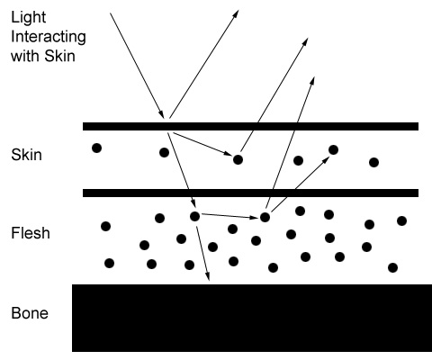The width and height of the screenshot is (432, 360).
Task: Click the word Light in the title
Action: click(x=28, y=18)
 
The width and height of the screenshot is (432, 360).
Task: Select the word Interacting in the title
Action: click(x=49, y=37)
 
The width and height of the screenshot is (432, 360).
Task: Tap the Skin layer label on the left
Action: click(x=26, y=155)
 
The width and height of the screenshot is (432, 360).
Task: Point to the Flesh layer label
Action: click(x=31, y=233)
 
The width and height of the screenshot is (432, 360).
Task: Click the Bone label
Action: click(x=30, y=313)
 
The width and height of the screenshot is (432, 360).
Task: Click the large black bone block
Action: click(x=252, y=318)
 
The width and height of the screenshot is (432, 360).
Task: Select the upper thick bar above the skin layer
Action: click(x=250, y=126)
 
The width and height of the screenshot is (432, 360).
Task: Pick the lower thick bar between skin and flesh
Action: click(x=250, y=193)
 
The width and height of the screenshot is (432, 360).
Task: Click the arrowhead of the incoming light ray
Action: click(x=161, y=114)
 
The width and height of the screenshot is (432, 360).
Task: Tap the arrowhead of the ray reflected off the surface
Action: click(x=236, y=13)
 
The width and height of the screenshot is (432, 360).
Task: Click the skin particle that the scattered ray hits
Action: click(x=238, y=159)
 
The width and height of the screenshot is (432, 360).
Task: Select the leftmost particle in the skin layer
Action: click(x=96, y=148)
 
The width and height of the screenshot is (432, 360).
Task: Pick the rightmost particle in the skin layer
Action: click(x=373, y=162)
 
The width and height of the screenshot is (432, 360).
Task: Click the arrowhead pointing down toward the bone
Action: click(x=207, y=277)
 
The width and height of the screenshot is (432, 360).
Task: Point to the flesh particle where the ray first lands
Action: click(x=195, y=216)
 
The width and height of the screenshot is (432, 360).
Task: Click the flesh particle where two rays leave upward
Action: click(x=265, y=217)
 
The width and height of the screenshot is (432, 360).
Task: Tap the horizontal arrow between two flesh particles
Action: click(x=230, y=216)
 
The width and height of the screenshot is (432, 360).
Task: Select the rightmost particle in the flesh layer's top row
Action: click(x=401, y=220)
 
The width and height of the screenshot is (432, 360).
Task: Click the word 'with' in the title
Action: click(x=25, y=56)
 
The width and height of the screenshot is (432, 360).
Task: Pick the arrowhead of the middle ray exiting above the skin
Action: click(x=305, y=42)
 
